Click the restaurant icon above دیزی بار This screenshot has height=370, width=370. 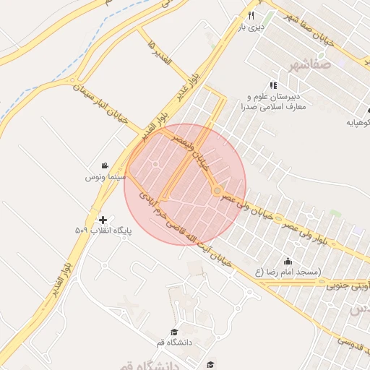pyautogui.click(x=251, y=15)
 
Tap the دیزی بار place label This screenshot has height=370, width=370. pyautogui.click(x=254, y=29)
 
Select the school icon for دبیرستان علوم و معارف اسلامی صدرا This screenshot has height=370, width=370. pyautogui.click(x=273, y=85)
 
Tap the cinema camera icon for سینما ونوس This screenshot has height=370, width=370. pyautogui.click(x=106, y=165)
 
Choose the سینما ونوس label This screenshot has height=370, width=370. pyautogui.click(x=106, y=176)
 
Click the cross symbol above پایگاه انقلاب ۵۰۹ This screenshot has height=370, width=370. pyautogui.click(x=103, y=219)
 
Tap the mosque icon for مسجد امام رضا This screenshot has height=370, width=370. pyautogui.click(x=289, y=261)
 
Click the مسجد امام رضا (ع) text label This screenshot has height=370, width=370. pyautogui.click(x=289, y=272)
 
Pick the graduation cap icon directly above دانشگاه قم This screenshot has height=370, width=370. pyautogui.click(x=173, y=331)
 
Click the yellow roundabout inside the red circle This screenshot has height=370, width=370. pyautogui.click(x=217, y=190)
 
